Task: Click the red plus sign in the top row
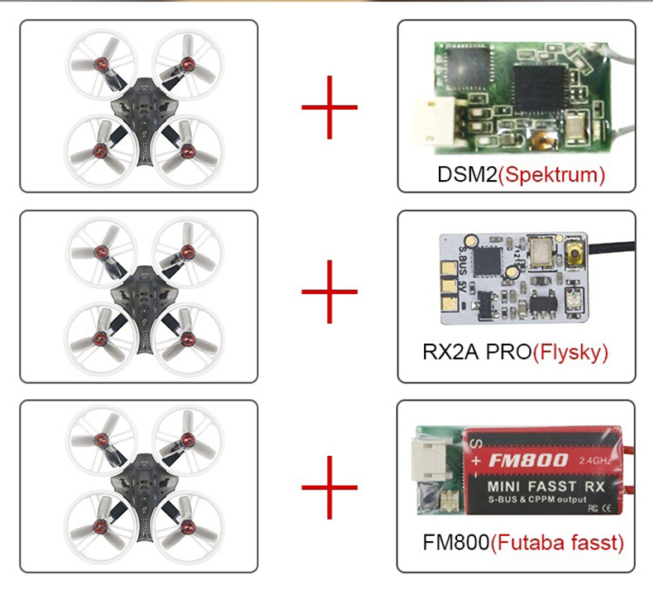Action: tap(329, 107)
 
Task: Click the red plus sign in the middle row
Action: tap(329, 292)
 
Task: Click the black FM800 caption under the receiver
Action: tap(455, 543)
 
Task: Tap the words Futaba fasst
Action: tap(558, 543)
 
